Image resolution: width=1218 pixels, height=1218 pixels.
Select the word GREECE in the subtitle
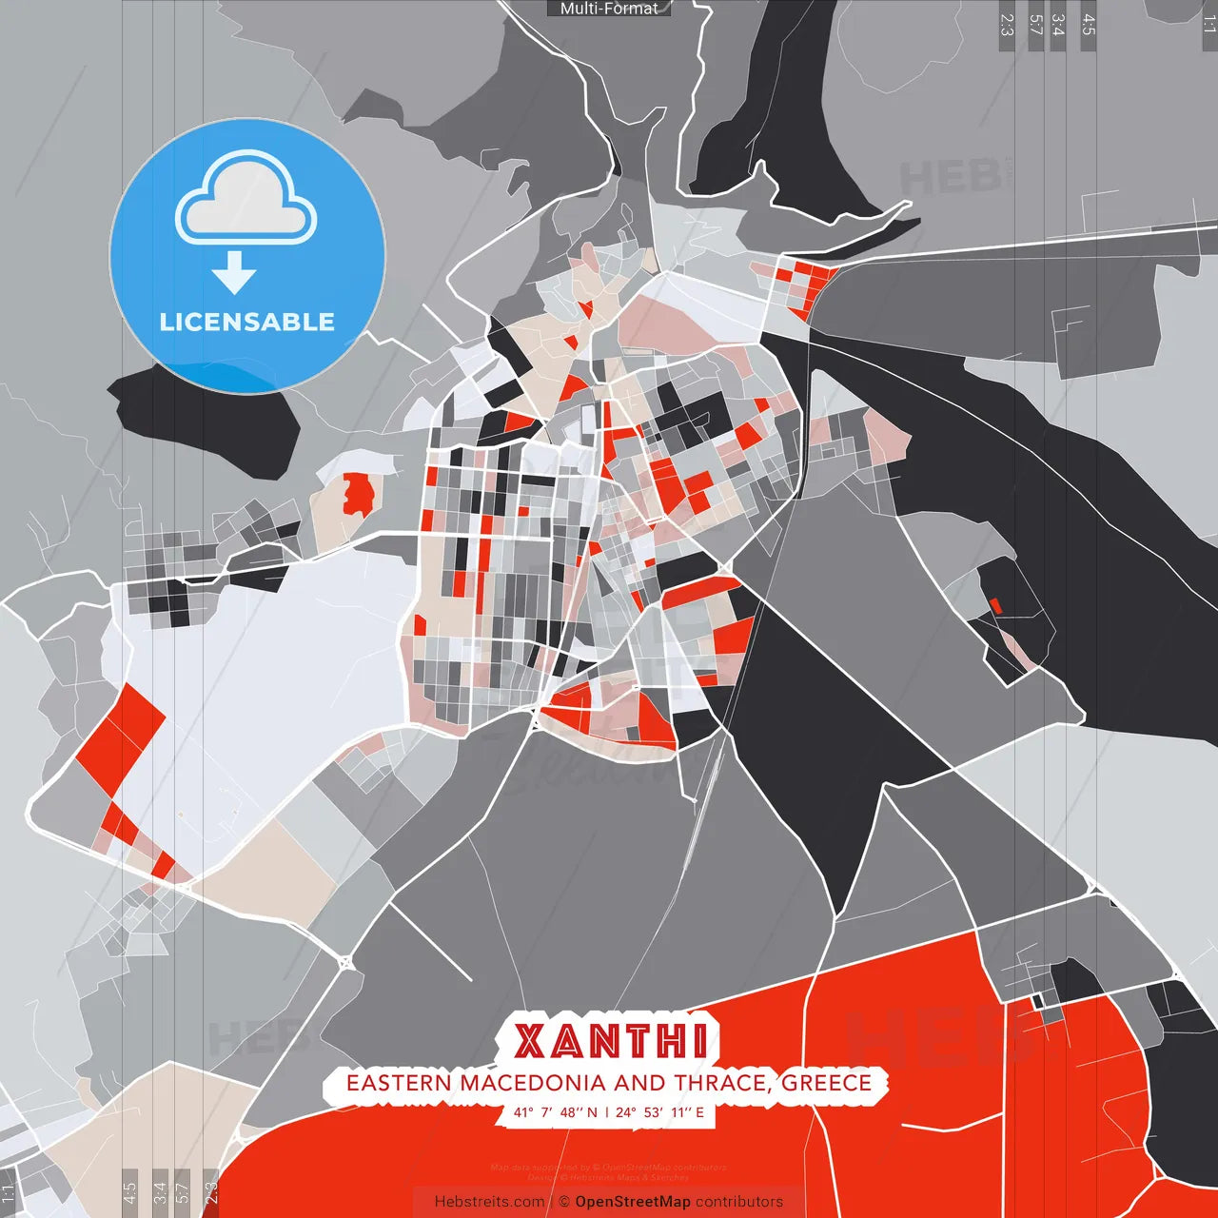827,1083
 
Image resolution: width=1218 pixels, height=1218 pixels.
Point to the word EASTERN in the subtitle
400,1083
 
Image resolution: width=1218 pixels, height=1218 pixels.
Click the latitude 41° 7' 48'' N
556,1111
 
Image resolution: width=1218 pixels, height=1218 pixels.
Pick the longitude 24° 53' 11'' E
659,1111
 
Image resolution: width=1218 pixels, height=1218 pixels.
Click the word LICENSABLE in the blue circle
247,322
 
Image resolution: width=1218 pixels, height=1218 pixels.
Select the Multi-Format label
609,9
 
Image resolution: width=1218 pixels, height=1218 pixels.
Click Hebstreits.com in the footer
489,1202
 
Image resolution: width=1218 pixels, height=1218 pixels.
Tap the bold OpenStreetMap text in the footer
633,1202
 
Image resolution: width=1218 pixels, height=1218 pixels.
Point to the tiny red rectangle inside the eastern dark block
996,605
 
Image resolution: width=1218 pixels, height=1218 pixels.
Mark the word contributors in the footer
739,1202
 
